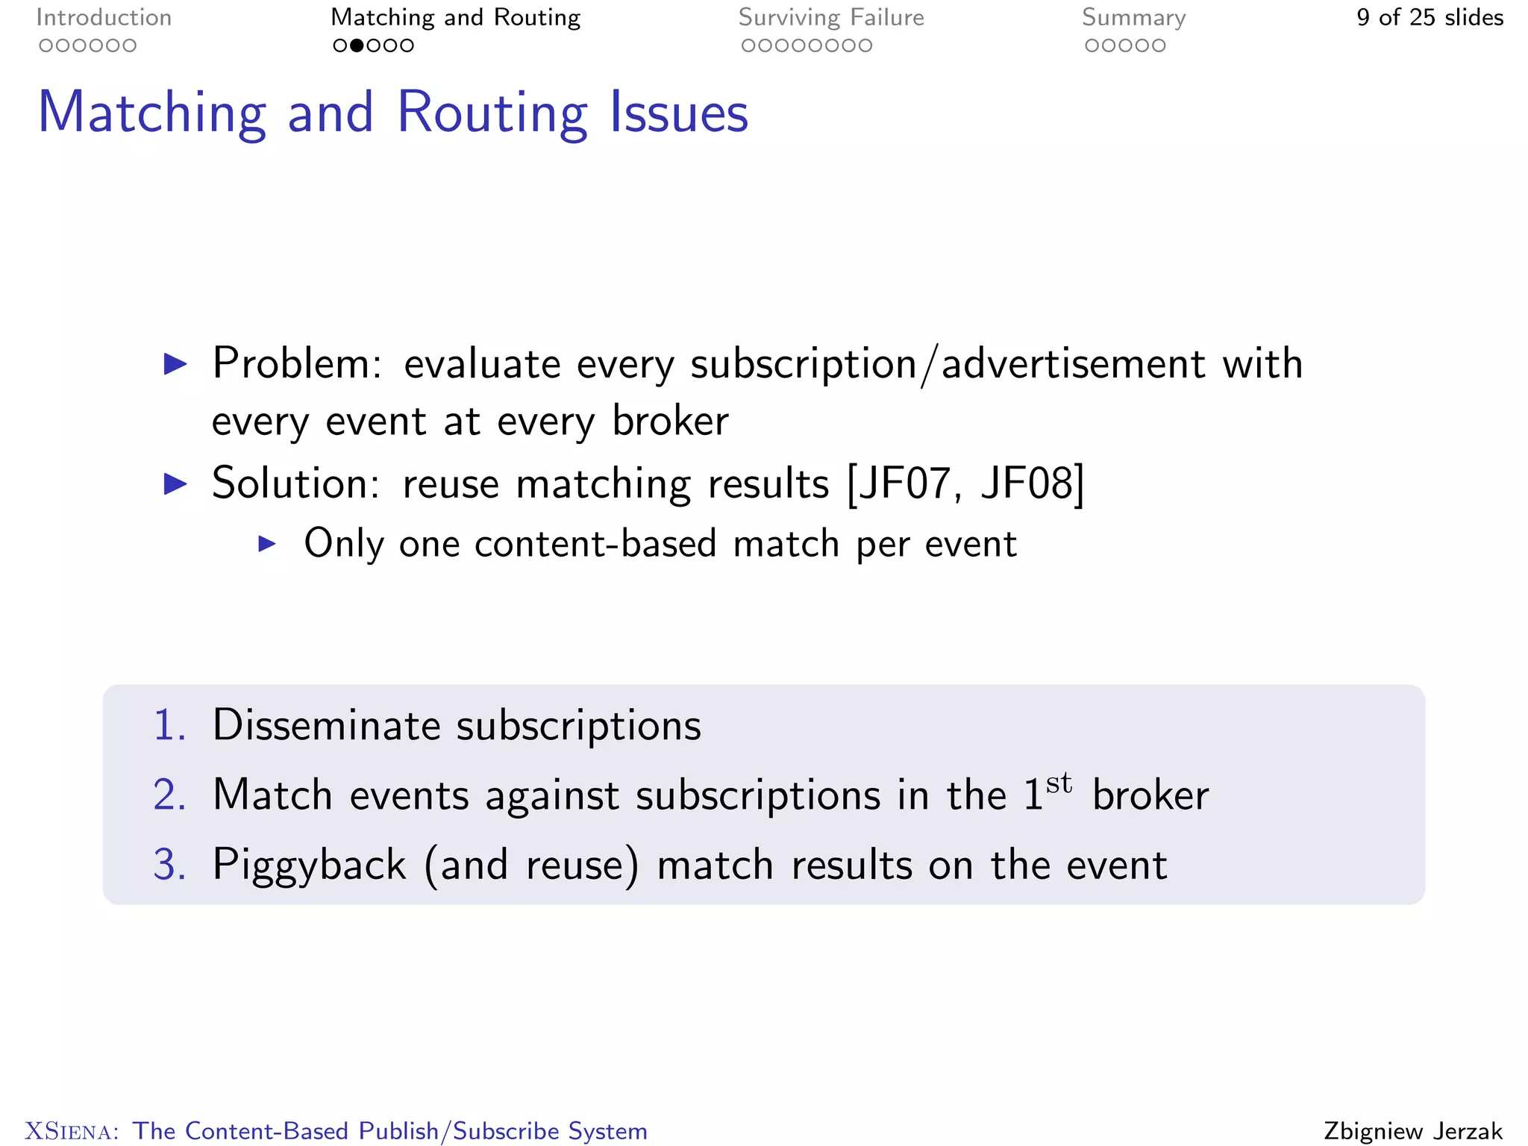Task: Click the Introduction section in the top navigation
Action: tap(104, 18)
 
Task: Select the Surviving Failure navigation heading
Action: tap(830, 18)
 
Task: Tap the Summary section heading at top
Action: tap(1133, 18)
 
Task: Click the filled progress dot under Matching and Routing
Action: tap(357, 46)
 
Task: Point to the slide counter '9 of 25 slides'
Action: tap(1430, 18)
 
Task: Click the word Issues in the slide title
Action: tap(679, 113)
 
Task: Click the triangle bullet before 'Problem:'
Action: tap(175, 364)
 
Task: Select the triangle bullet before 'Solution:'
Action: tap(175, 484)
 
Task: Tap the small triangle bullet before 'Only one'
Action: tap(267, 544)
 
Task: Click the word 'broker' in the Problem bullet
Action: tap(670, 421)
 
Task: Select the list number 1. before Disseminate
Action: tap(169, 725)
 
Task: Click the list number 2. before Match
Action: tap(169, 795)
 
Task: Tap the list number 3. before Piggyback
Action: tap(169, 865)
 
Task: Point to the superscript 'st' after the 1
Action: tap(1059, 783)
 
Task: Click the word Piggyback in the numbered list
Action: tap(309, 865)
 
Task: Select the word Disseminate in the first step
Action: tap(326, 725)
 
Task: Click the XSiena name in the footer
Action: tap(72, 1131)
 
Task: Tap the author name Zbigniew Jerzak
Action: tap(1413, 1131)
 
